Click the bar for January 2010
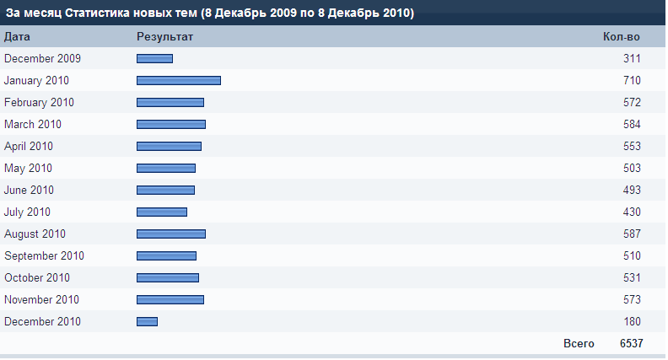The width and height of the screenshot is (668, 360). pos(179,81)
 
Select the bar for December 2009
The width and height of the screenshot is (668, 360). pos(154,59)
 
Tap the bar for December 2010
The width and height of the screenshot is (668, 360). pos(147,322)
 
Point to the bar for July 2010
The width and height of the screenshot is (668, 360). pos(162,212)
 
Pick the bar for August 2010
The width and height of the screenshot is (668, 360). pos(171,234)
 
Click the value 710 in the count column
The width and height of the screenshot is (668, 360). pos(632,81)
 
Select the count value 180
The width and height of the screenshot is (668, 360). pos(632,322)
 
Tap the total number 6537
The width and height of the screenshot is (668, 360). pos(631,344)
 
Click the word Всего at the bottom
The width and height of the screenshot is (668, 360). pos(579,344)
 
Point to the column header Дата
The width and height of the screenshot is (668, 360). pos(18,37)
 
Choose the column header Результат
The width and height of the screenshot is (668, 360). pos(165,37)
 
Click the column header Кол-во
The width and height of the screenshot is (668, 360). pos(622,37)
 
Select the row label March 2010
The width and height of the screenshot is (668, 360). pos(33,125)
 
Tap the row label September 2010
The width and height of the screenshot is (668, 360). pos(44,256)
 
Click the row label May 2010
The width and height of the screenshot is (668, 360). pos(28,169)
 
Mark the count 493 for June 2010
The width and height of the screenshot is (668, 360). pos(632,191)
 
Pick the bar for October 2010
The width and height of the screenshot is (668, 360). pos(168,278)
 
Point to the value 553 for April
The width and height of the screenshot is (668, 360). pos(632,147)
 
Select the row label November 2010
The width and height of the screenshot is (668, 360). pos(42,300)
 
